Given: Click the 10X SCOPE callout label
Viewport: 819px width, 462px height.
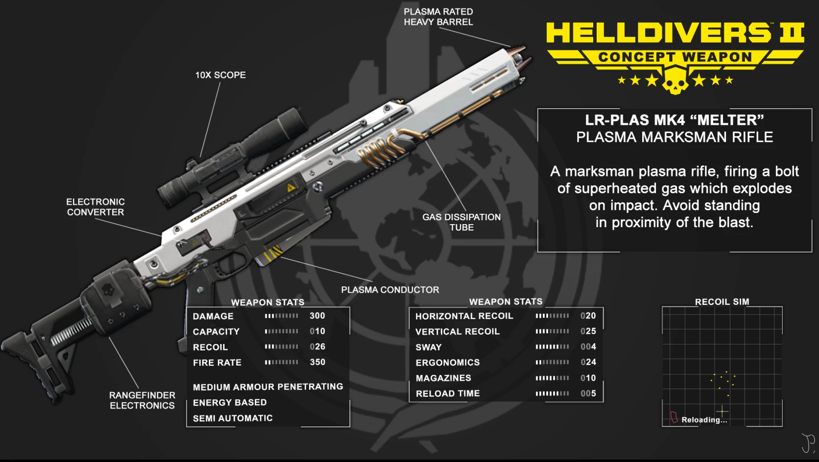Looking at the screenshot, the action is pos(220,75).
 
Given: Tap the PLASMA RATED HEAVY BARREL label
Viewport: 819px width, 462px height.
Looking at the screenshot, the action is pos(438,17).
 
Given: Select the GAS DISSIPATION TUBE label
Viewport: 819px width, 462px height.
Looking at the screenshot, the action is pos(461,222).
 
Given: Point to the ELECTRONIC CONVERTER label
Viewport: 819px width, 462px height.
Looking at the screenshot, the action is pos(96,207).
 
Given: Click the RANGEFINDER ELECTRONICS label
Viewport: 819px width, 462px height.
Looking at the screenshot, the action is pos(142,400).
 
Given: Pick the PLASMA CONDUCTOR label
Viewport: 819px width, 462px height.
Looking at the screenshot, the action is pos(390,290).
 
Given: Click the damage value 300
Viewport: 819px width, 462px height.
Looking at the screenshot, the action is pos(317,316).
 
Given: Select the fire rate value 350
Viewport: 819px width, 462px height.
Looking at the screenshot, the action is pos(317,362).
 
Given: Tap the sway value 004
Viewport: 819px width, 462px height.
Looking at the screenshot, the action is pos(588,346).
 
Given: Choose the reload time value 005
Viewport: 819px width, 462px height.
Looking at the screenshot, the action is pos(588,393).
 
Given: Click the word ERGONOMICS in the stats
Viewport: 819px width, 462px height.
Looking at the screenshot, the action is pos(448,362).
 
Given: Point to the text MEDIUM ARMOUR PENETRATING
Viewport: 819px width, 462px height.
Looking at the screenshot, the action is pos(268,387).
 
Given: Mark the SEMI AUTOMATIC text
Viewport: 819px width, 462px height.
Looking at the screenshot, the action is pos(233,418).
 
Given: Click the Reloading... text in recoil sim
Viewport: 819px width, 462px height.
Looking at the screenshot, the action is pos(704,419).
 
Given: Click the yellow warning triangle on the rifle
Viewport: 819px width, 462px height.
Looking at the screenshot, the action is pos(290,187).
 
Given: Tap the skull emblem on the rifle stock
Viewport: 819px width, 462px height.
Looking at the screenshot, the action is pos(107,290).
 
